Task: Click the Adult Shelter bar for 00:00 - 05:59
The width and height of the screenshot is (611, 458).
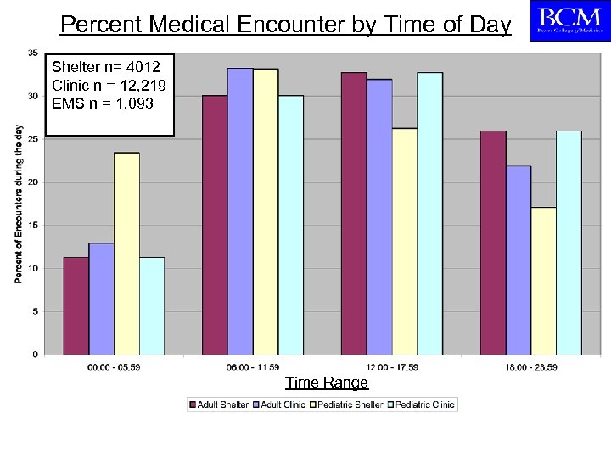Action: [x=76, y=305]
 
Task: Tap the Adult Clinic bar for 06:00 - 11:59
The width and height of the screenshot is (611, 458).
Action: [x=240, y=211]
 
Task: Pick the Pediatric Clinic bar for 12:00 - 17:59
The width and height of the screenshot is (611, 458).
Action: [x=429, y=213]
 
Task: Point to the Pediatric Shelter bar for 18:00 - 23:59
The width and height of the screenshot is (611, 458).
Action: [x=543, y=281]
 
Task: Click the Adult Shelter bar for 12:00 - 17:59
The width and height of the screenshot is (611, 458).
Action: [x=354, y=213]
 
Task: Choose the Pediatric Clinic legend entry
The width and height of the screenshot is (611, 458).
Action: [x=420, y=405]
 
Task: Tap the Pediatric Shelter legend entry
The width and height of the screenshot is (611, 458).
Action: [x=349, y=405]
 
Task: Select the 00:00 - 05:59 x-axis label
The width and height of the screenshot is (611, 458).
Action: [x=113, y=366]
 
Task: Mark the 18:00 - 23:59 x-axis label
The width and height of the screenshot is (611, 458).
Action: [x=530, y=366]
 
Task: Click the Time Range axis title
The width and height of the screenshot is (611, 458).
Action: [x=326, y=383]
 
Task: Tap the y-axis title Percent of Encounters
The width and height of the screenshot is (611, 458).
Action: [x=19, y=204]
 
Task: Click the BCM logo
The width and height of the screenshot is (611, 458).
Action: [x=566, y=20]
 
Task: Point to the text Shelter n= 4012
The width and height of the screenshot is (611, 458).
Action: [x=100, y=66]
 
